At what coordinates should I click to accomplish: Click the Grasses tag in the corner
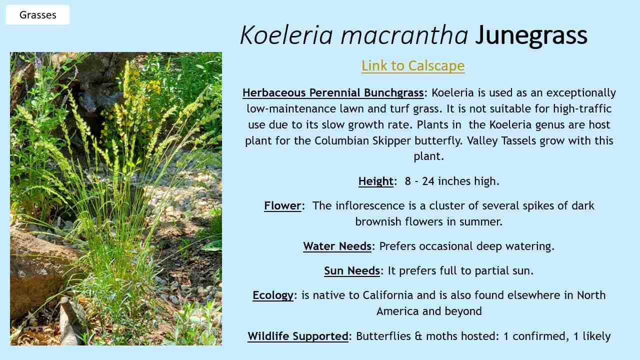tap(37, 14)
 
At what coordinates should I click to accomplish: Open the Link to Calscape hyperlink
tap(413, 66)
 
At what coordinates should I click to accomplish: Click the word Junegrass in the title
tap(531, 35)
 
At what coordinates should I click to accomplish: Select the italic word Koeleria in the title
tap(286, 35)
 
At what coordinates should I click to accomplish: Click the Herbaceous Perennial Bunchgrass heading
tap(333, 93)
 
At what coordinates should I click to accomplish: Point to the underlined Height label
tap(376, 181)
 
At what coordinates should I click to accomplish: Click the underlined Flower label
tap(282, 205)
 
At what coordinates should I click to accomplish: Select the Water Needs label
tap(337, 246)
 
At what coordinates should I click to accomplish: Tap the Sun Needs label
tap(352, 270)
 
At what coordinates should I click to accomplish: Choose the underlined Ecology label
tap(273, 295)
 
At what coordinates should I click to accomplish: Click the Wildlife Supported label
tap(298, 336)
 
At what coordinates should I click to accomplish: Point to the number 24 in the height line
tap(428, 181)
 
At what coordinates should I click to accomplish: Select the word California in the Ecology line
tap(388, 295)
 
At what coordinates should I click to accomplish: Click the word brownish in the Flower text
tap(378, 221)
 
